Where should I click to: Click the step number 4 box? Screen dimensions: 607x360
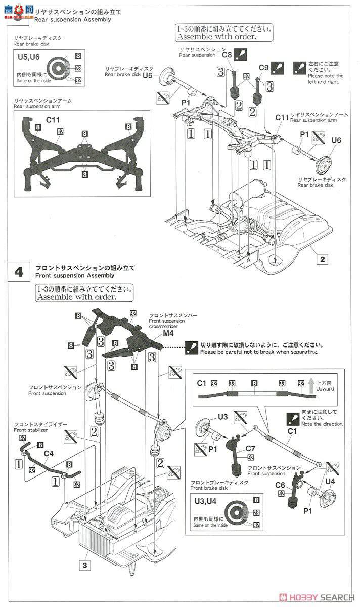click(19, 272)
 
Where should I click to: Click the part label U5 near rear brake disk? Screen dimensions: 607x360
click(148, 75)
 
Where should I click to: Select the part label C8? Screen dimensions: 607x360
click(227, 54)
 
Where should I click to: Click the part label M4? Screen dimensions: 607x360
click(169, 334)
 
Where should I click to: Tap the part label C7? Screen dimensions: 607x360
click(251, 448)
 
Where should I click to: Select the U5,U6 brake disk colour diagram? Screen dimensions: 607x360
click(63, 68)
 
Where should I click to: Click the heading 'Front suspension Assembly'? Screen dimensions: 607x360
click(75, 276)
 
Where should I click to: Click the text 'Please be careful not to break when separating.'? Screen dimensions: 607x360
click(259, 351)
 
